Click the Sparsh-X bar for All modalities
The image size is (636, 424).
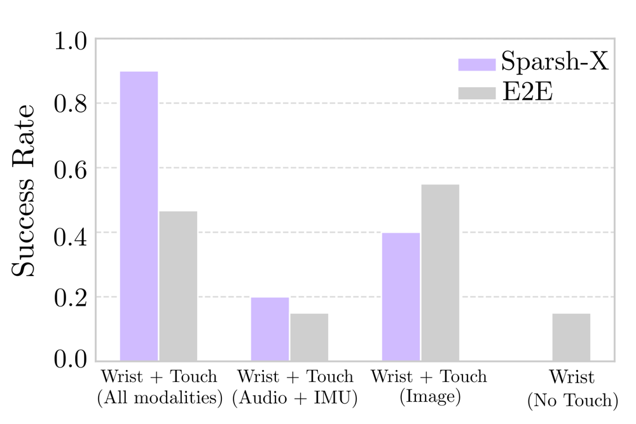(x=139, y=216)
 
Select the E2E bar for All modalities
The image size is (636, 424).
(x=178, y=286)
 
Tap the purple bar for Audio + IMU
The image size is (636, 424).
(x=270, y=329)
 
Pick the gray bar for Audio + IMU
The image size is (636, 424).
(x=309, y=337)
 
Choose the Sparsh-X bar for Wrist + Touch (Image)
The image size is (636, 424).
(x=401, y=297)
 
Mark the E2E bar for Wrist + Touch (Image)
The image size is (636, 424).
(x=440, y=273)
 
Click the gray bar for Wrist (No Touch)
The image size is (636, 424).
(x=571, y=337)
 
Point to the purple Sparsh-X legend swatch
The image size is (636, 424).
(x=476, y=64)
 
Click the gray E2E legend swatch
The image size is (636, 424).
(x=476, y=93)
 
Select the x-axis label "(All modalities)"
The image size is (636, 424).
(x=159, y=399)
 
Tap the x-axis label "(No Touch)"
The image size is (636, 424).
(x=572, y=401)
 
